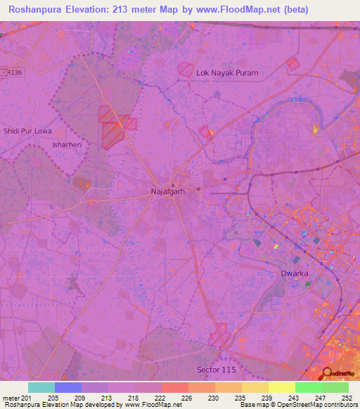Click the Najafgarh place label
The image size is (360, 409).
[167, 190]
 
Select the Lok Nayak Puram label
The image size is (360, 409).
[227, 72]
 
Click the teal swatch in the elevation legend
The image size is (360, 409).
[41, 387]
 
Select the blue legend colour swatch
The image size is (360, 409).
[68, 387]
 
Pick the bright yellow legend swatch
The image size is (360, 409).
[281, 387]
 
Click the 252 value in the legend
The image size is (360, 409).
[346, 398]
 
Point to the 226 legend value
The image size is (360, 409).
[186, 398]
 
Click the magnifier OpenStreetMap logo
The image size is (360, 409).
[327, 375]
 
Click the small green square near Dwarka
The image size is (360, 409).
[307, 284]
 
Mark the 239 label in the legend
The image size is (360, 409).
[266, 398]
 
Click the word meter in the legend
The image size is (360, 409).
[11, 398]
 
